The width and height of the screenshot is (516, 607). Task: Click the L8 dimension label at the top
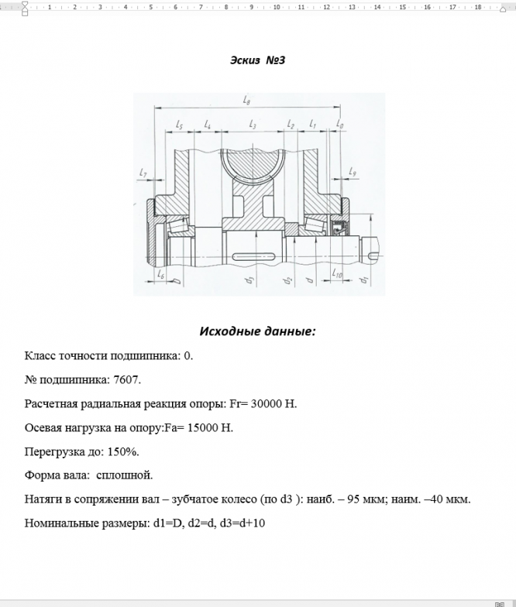(246, 100)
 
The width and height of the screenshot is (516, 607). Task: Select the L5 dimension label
(180, 124)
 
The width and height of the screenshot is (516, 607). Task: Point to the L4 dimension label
(208, 124)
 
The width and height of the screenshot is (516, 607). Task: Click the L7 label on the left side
(143, 173)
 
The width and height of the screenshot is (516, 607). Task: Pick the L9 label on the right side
(353, 171)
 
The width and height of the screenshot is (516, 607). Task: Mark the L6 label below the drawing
(160, 274)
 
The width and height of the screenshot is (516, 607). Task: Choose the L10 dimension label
(337, 273)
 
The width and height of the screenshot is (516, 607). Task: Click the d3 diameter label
(249, 281)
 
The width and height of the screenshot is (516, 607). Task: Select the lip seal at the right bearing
(337, 228)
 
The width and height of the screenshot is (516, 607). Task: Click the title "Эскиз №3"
(258, 60)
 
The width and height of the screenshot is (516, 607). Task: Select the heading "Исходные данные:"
(257, 331)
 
